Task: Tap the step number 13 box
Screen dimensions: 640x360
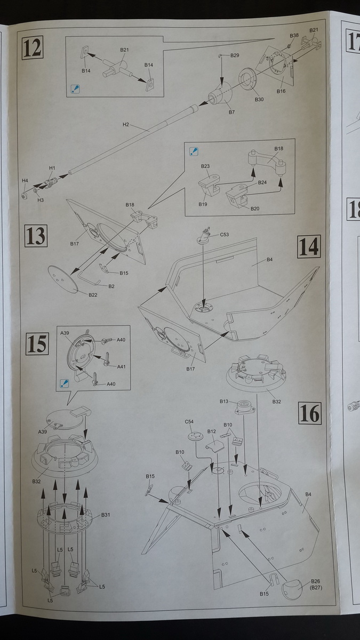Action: tap(35, 236)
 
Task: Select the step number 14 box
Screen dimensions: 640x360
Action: tap(309, 246)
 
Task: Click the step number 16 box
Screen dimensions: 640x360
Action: tap(309, 413)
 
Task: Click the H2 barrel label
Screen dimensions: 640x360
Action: tap(126, 125)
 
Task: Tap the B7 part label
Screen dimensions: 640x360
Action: tap(232, 112)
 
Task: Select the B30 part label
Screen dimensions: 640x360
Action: tap(259, 100)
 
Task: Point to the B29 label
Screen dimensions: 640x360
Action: tap(235, 55)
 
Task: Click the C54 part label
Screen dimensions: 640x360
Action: tap(189, 422)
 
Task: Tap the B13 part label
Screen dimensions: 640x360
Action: tap(224, 401)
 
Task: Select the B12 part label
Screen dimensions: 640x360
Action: tap(211, 431)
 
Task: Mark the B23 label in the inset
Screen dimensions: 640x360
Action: tap(206, 166)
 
